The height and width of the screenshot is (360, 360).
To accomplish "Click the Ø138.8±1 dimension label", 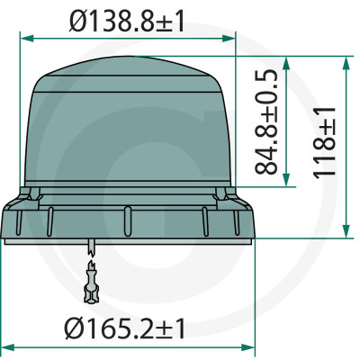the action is click(x=126, y=21).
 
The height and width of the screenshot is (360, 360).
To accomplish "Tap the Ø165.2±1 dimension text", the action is click(x=124, y=328).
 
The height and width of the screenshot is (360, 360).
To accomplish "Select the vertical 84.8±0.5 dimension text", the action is click(x=265, y=122).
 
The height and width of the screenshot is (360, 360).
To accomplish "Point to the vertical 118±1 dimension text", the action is click(x=324, y=142).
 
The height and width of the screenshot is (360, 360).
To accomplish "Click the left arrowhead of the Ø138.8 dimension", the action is click(x=26, y=39).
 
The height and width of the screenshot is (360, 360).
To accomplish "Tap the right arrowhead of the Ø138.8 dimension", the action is click(x=229, y=39).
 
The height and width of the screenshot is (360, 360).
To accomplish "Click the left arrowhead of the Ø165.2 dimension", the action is click(x=7, y=347).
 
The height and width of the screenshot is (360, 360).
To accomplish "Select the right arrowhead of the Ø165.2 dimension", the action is click(x=247, y=347).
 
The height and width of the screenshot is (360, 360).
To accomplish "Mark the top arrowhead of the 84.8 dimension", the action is click(x=286, y=63).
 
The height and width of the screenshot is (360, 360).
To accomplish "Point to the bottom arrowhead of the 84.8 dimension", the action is click(x=286, y=179).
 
